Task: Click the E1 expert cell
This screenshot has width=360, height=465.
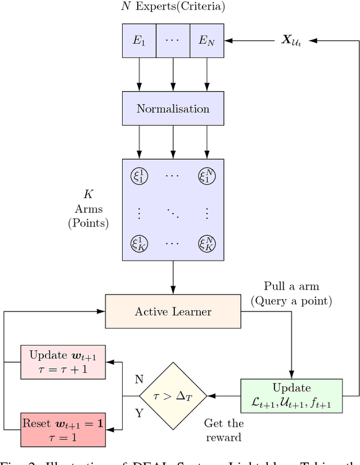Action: [139, 40]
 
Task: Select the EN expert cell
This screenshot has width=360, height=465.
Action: [206, 40]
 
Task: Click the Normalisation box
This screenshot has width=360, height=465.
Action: [173, 109]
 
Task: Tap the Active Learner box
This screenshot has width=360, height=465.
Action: [173, 311]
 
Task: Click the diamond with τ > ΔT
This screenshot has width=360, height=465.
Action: [173, 396]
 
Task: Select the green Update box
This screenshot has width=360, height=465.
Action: [291, 396]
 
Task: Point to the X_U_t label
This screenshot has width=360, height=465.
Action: [291, 41]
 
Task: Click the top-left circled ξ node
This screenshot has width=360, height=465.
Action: [139, 176]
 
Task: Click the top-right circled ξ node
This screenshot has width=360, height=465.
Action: [206, 176]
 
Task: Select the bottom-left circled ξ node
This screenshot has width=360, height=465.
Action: [139, 243]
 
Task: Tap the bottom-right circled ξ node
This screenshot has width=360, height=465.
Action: [206, 243]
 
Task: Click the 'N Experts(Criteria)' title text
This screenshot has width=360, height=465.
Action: [173, 7]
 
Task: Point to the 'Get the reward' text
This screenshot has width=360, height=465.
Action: [223, 430]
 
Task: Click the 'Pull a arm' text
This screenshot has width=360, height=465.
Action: [291, 286]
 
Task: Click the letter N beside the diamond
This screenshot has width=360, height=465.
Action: [139, 380]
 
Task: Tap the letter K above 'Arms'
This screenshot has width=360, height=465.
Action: [88, 195]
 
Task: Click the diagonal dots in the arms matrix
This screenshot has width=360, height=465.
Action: [173, 213]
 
